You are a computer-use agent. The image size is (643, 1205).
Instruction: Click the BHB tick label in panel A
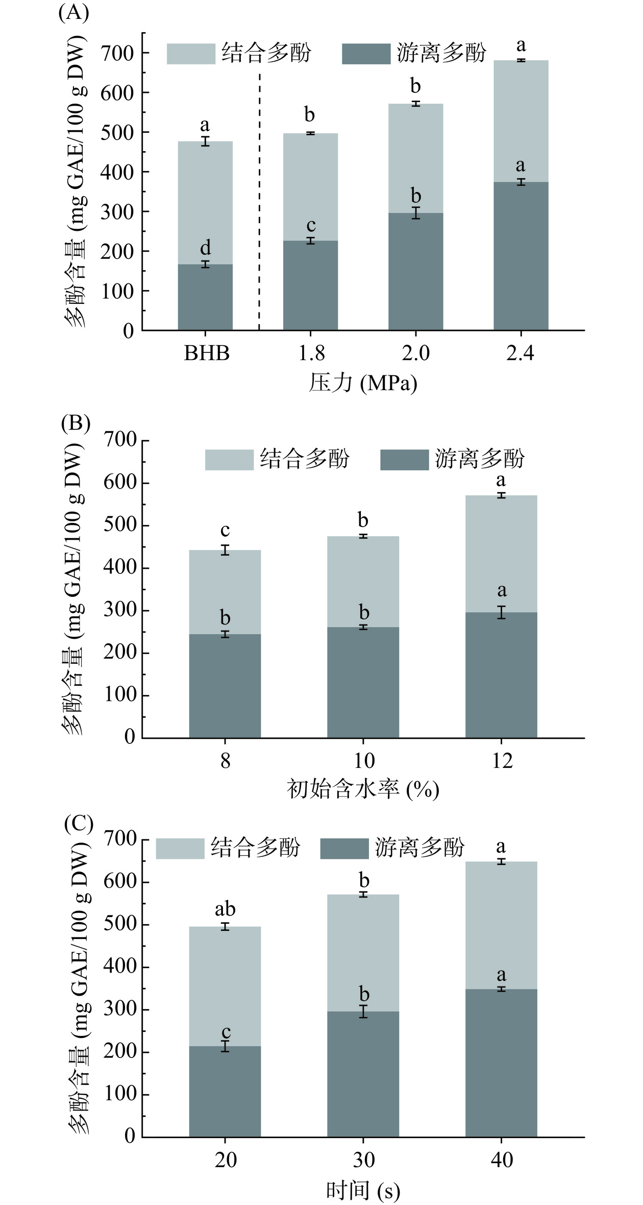pyautogui.click(x=207, y=353)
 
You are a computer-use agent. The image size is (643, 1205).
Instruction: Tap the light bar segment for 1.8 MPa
pyautogui.click(x=310, y=187)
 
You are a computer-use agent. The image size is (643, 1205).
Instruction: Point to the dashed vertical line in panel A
pyautogui.click(x=259, y=204)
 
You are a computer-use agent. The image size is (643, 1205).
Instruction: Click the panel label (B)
pyautogui.click(x=75, y=423)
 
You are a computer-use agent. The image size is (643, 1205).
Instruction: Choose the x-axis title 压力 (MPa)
pyautogui.click(x=363, y=383)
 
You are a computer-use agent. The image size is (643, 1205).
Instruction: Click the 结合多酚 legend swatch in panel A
pyautogui.click(x=191, y=54)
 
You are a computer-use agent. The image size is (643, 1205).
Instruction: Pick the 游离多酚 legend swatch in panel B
pyautogui.click(x=404, y=460)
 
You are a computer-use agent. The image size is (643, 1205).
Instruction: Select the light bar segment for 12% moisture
pyautogui.click(x=501, y=553)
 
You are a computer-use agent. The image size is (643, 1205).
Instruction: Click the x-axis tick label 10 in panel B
pyautogui.click(x=363, y=761)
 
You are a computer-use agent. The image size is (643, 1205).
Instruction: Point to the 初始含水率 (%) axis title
pyautogui.click(x=363, y=789)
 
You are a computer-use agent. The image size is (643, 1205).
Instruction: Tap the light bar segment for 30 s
pyautogui.click(x=363, y=953)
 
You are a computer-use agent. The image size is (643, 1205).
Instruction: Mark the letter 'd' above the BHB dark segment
pyautogui.click(x=205, y=248)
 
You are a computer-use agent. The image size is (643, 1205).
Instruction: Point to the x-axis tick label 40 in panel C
pyautogui.click(x=502, y=1160)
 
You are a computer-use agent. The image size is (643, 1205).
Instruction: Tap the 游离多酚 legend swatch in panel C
pyautogui.click(x=344, y=848)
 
